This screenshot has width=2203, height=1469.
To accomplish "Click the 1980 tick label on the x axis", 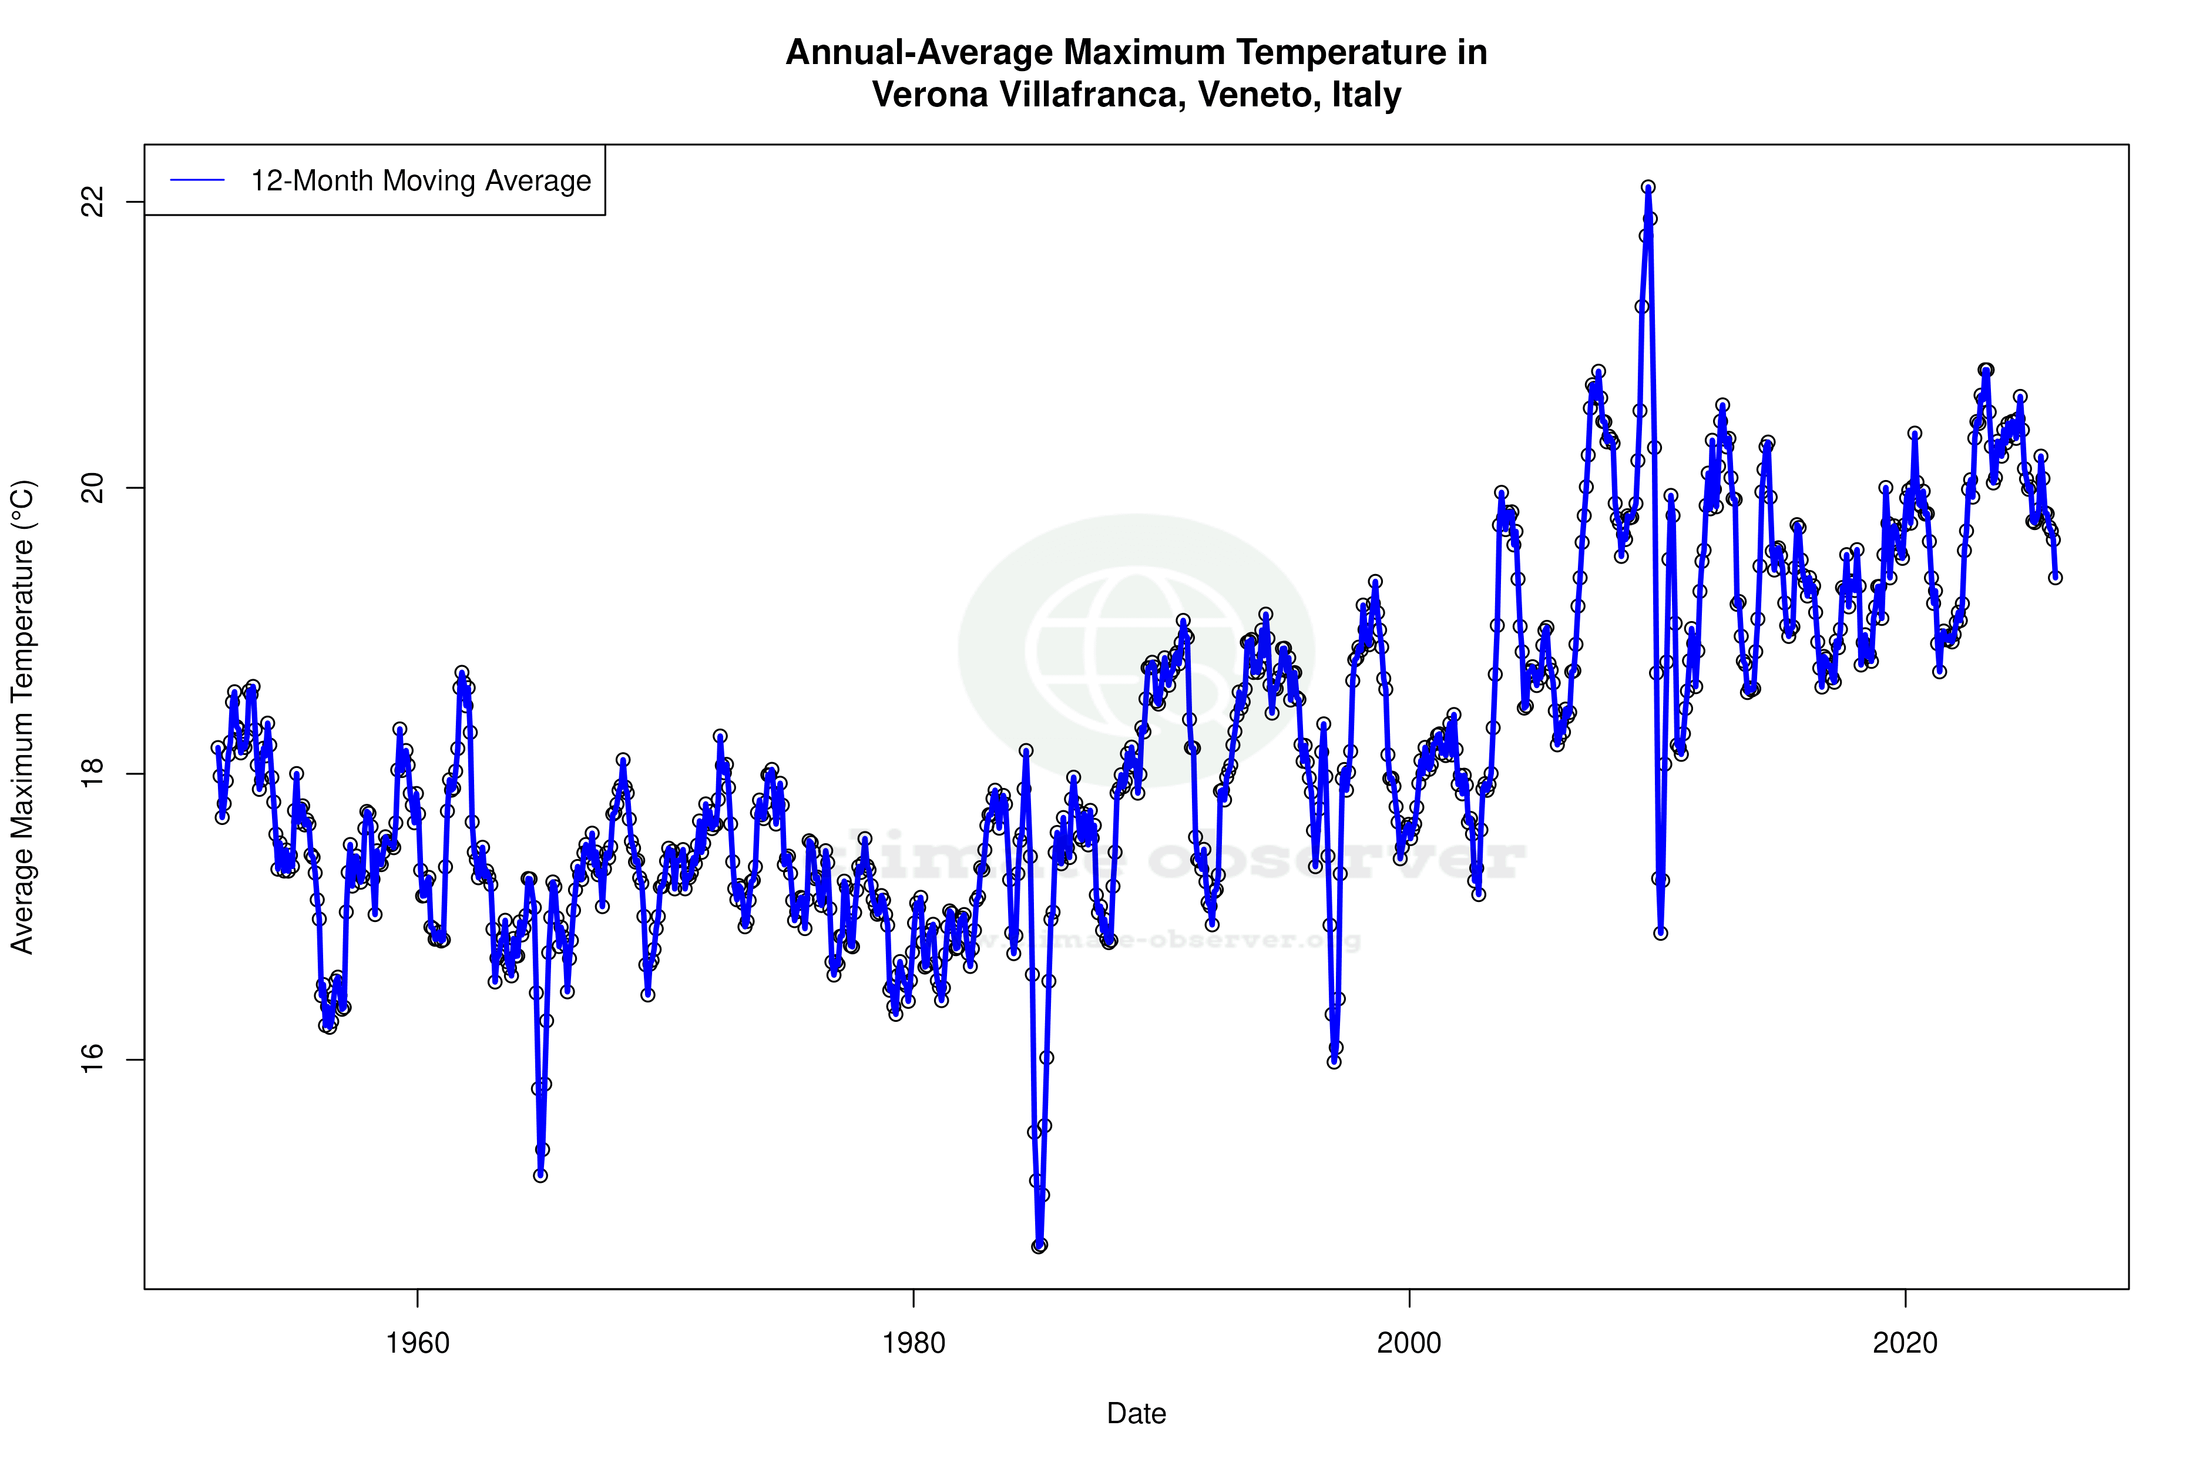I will (x=914, y=1343).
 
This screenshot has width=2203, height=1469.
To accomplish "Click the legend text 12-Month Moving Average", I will (x=421, y=181).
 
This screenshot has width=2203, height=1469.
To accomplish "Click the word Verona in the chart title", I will (x=926, y=95).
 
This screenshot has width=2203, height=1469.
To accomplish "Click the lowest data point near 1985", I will (x=1039, y=1246).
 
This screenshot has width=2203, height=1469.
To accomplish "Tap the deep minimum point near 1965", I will (x=540, y=1175).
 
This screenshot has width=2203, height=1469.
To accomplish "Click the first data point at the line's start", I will (x=217, y=747).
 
